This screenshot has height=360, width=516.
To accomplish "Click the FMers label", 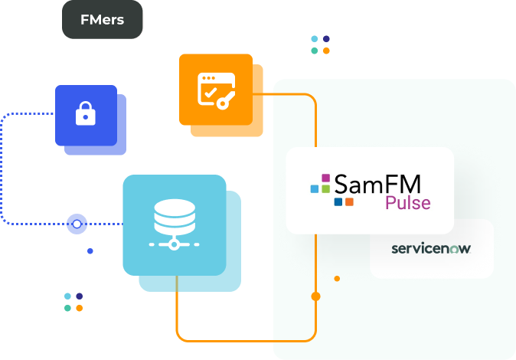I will pyautogui.click(x=102, y=20).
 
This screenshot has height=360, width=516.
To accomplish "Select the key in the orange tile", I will pyautogui.click(x=224, y=101).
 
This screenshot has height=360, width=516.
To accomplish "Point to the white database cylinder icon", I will pyautogui.click(x=175, y=217).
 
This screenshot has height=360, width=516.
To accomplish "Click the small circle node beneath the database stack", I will pyautogui.click(x=175, y=244).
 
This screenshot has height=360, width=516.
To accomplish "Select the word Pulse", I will pyautogui.click(x=407, y=204).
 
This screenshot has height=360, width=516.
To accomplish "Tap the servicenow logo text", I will pyautogui.click(x=431, y=249).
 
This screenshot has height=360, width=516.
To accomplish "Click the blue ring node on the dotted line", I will pyautogui.click(x=77, y=224).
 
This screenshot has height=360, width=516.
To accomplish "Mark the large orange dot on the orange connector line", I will pyautogui.click(x=315, y=296).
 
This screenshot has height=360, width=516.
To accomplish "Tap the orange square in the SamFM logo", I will pyautogui.click(x=349, y=201).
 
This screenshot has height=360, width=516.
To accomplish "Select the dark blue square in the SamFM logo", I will pyautogui.click(x=338, y=201).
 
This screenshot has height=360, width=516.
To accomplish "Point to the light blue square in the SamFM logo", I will pyautogui.click(x=315, y=188).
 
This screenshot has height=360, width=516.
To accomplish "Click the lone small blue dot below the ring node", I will pyautogui.click(x=90, y=250).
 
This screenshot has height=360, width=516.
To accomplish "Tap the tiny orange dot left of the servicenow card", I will pyautogui.click(x=337, y=278).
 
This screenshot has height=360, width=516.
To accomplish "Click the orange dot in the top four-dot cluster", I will pyautogui.click(x=326, y=51).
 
